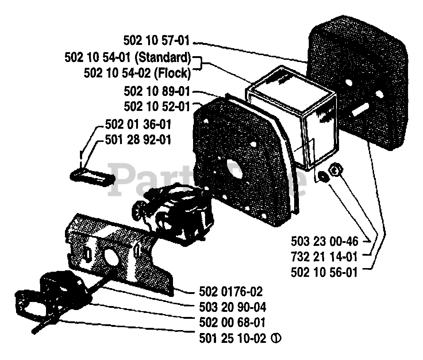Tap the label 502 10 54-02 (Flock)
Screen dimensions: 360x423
click(137, 73)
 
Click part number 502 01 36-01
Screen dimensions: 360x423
click(138, 124)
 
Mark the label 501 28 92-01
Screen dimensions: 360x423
click(138, 139)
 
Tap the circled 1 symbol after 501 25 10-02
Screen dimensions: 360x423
click(276, 338)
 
